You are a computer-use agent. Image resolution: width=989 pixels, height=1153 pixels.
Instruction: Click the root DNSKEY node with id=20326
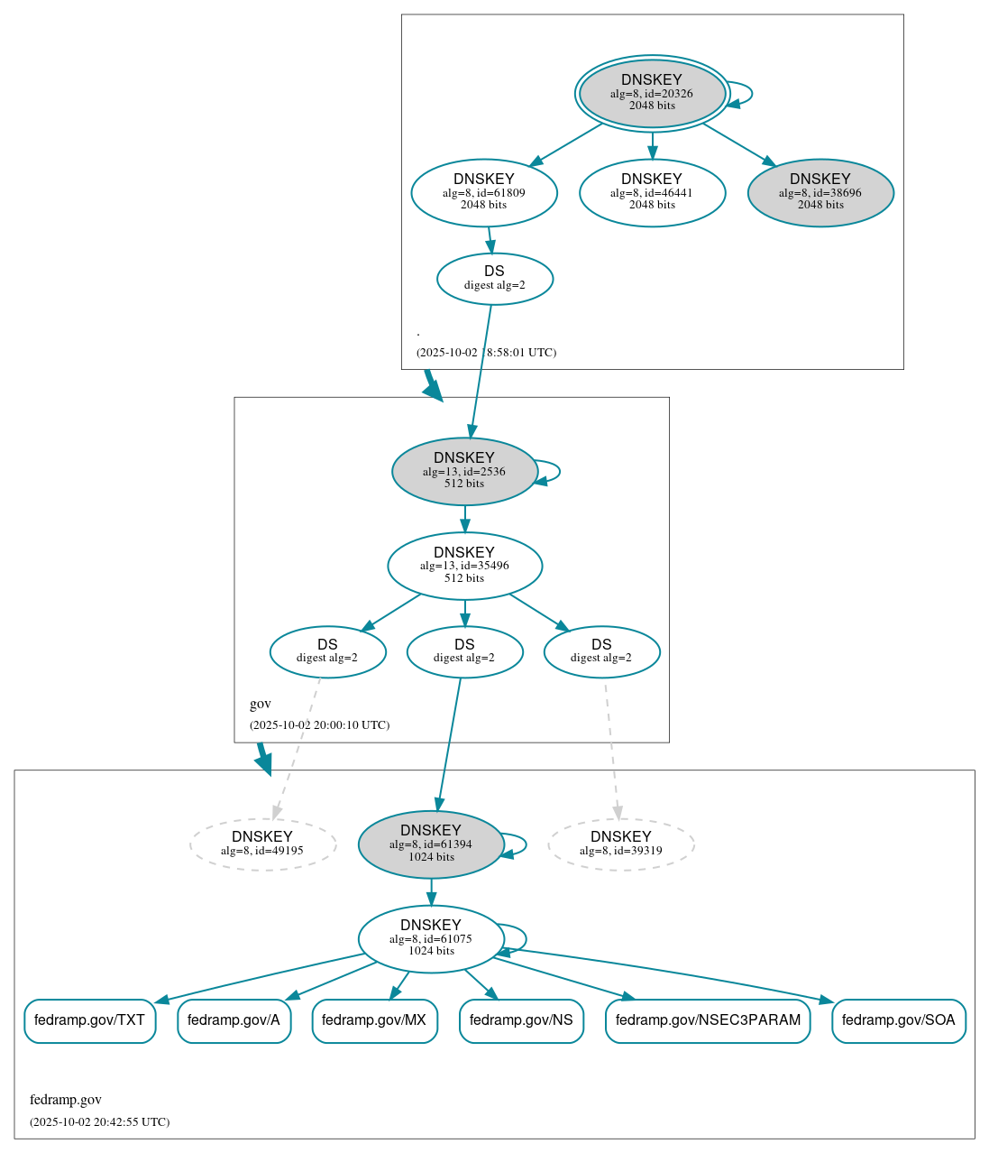pos(652,93)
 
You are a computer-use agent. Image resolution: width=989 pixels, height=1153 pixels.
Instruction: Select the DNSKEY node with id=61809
pos(484,192)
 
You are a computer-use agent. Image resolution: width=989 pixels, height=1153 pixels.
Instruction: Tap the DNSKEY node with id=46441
pos(652,192)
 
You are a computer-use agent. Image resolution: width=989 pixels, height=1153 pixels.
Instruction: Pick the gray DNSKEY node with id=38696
pos(820,192)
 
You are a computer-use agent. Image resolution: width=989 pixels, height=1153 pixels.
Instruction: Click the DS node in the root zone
pos(494,278)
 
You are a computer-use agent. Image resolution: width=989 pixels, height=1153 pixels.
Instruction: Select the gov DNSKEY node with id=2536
pos(464,471)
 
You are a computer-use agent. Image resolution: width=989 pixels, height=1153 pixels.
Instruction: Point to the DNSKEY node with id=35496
pos(464,566)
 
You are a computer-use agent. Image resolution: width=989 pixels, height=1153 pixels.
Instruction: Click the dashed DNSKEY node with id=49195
pos(262,844)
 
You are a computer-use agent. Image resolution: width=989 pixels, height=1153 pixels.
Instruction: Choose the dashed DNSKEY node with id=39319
pos(621,844)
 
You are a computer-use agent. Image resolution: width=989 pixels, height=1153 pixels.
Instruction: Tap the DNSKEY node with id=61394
pos(431,844)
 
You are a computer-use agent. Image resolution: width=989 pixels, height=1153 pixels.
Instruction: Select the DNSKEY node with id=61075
pos(431,939)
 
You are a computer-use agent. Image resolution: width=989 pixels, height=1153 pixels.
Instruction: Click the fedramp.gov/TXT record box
pos(89,1020)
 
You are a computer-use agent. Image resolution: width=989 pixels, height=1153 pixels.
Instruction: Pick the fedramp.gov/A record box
pos(234,1020)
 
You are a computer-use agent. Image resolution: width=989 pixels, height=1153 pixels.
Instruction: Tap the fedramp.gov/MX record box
pos(374,1020)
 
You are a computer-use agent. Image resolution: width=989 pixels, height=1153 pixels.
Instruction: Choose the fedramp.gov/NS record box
pos(521,1020)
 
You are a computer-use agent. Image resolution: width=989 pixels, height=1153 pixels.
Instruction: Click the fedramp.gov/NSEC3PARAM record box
pos(708,1020)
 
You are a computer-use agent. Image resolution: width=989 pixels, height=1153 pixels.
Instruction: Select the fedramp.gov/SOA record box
pos(898,1020)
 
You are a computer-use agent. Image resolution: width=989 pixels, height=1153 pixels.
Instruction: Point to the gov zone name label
pos(261,704)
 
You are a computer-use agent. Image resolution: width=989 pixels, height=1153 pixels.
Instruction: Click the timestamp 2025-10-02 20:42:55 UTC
pos(99,1122)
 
